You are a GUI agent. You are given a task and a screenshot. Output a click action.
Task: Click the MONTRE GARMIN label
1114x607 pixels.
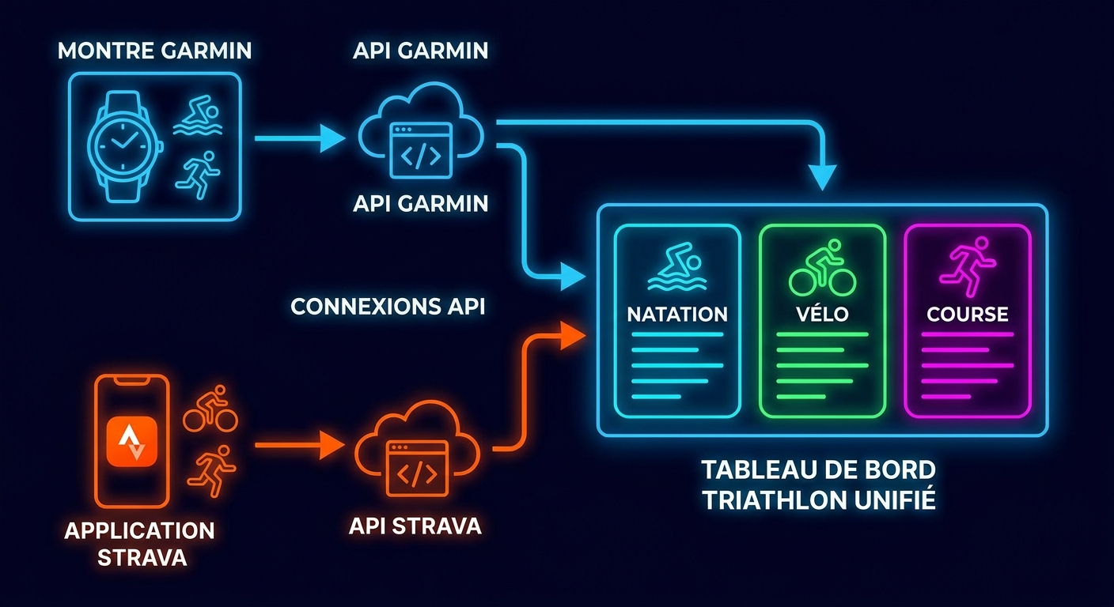[x=154, y=51]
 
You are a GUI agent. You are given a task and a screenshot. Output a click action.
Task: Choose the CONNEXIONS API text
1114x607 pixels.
[x=388, y=307]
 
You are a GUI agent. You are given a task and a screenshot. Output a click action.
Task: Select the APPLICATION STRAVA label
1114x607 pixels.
[x=139, y=543]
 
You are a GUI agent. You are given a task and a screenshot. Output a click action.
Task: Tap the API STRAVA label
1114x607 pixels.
[x=416, y=526]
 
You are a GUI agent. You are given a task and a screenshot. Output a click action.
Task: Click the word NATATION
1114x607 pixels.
[x=676, y=314]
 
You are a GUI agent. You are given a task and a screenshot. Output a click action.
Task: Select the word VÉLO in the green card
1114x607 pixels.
[x=822, y=314]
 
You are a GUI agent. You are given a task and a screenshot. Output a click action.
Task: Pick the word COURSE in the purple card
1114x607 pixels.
[x=967, y=314]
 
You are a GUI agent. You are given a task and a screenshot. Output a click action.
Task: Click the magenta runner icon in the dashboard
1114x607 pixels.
[x=967, y=266]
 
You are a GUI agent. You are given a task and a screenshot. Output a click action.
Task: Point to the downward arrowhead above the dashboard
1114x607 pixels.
[x=824, y=175]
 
